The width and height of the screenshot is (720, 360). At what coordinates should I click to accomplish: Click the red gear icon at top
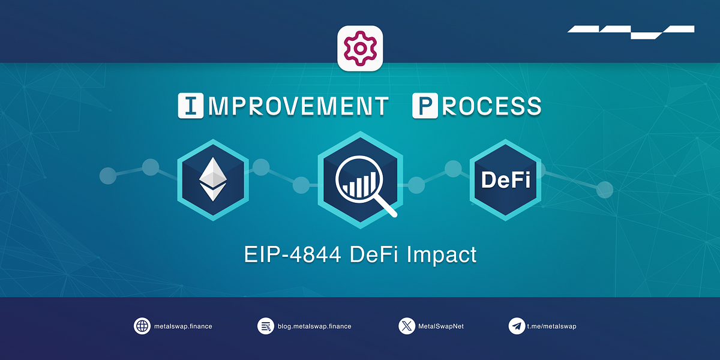tap(360, 49)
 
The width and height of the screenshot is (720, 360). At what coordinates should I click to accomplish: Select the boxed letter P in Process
tap(425, 105)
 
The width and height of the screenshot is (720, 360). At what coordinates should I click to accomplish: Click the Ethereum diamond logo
tap(213, 179)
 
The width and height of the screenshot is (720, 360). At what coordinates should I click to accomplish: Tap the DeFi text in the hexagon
tap(506, 179)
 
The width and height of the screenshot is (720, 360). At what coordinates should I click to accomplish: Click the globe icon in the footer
tap(142, 326)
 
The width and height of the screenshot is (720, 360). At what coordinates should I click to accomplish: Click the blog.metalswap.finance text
tap(314, 326)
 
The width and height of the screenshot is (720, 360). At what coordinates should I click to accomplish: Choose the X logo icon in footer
tap(406, 326)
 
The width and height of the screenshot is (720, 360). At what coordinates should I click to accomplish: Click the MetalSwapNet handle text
tap(441, 326)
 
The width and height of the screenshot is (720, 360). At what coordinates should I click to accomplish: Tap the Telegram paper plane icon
tap(516, 326)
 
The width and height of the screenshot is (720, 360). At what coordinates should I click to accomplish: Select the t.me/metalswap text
tap(552, 326)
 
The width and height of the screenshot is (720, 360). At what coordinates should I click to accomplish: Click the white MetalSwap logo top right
tap(631, 32)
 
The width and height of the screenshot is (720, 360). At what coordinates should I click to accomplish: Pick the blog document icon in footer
tap(266, 326)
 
